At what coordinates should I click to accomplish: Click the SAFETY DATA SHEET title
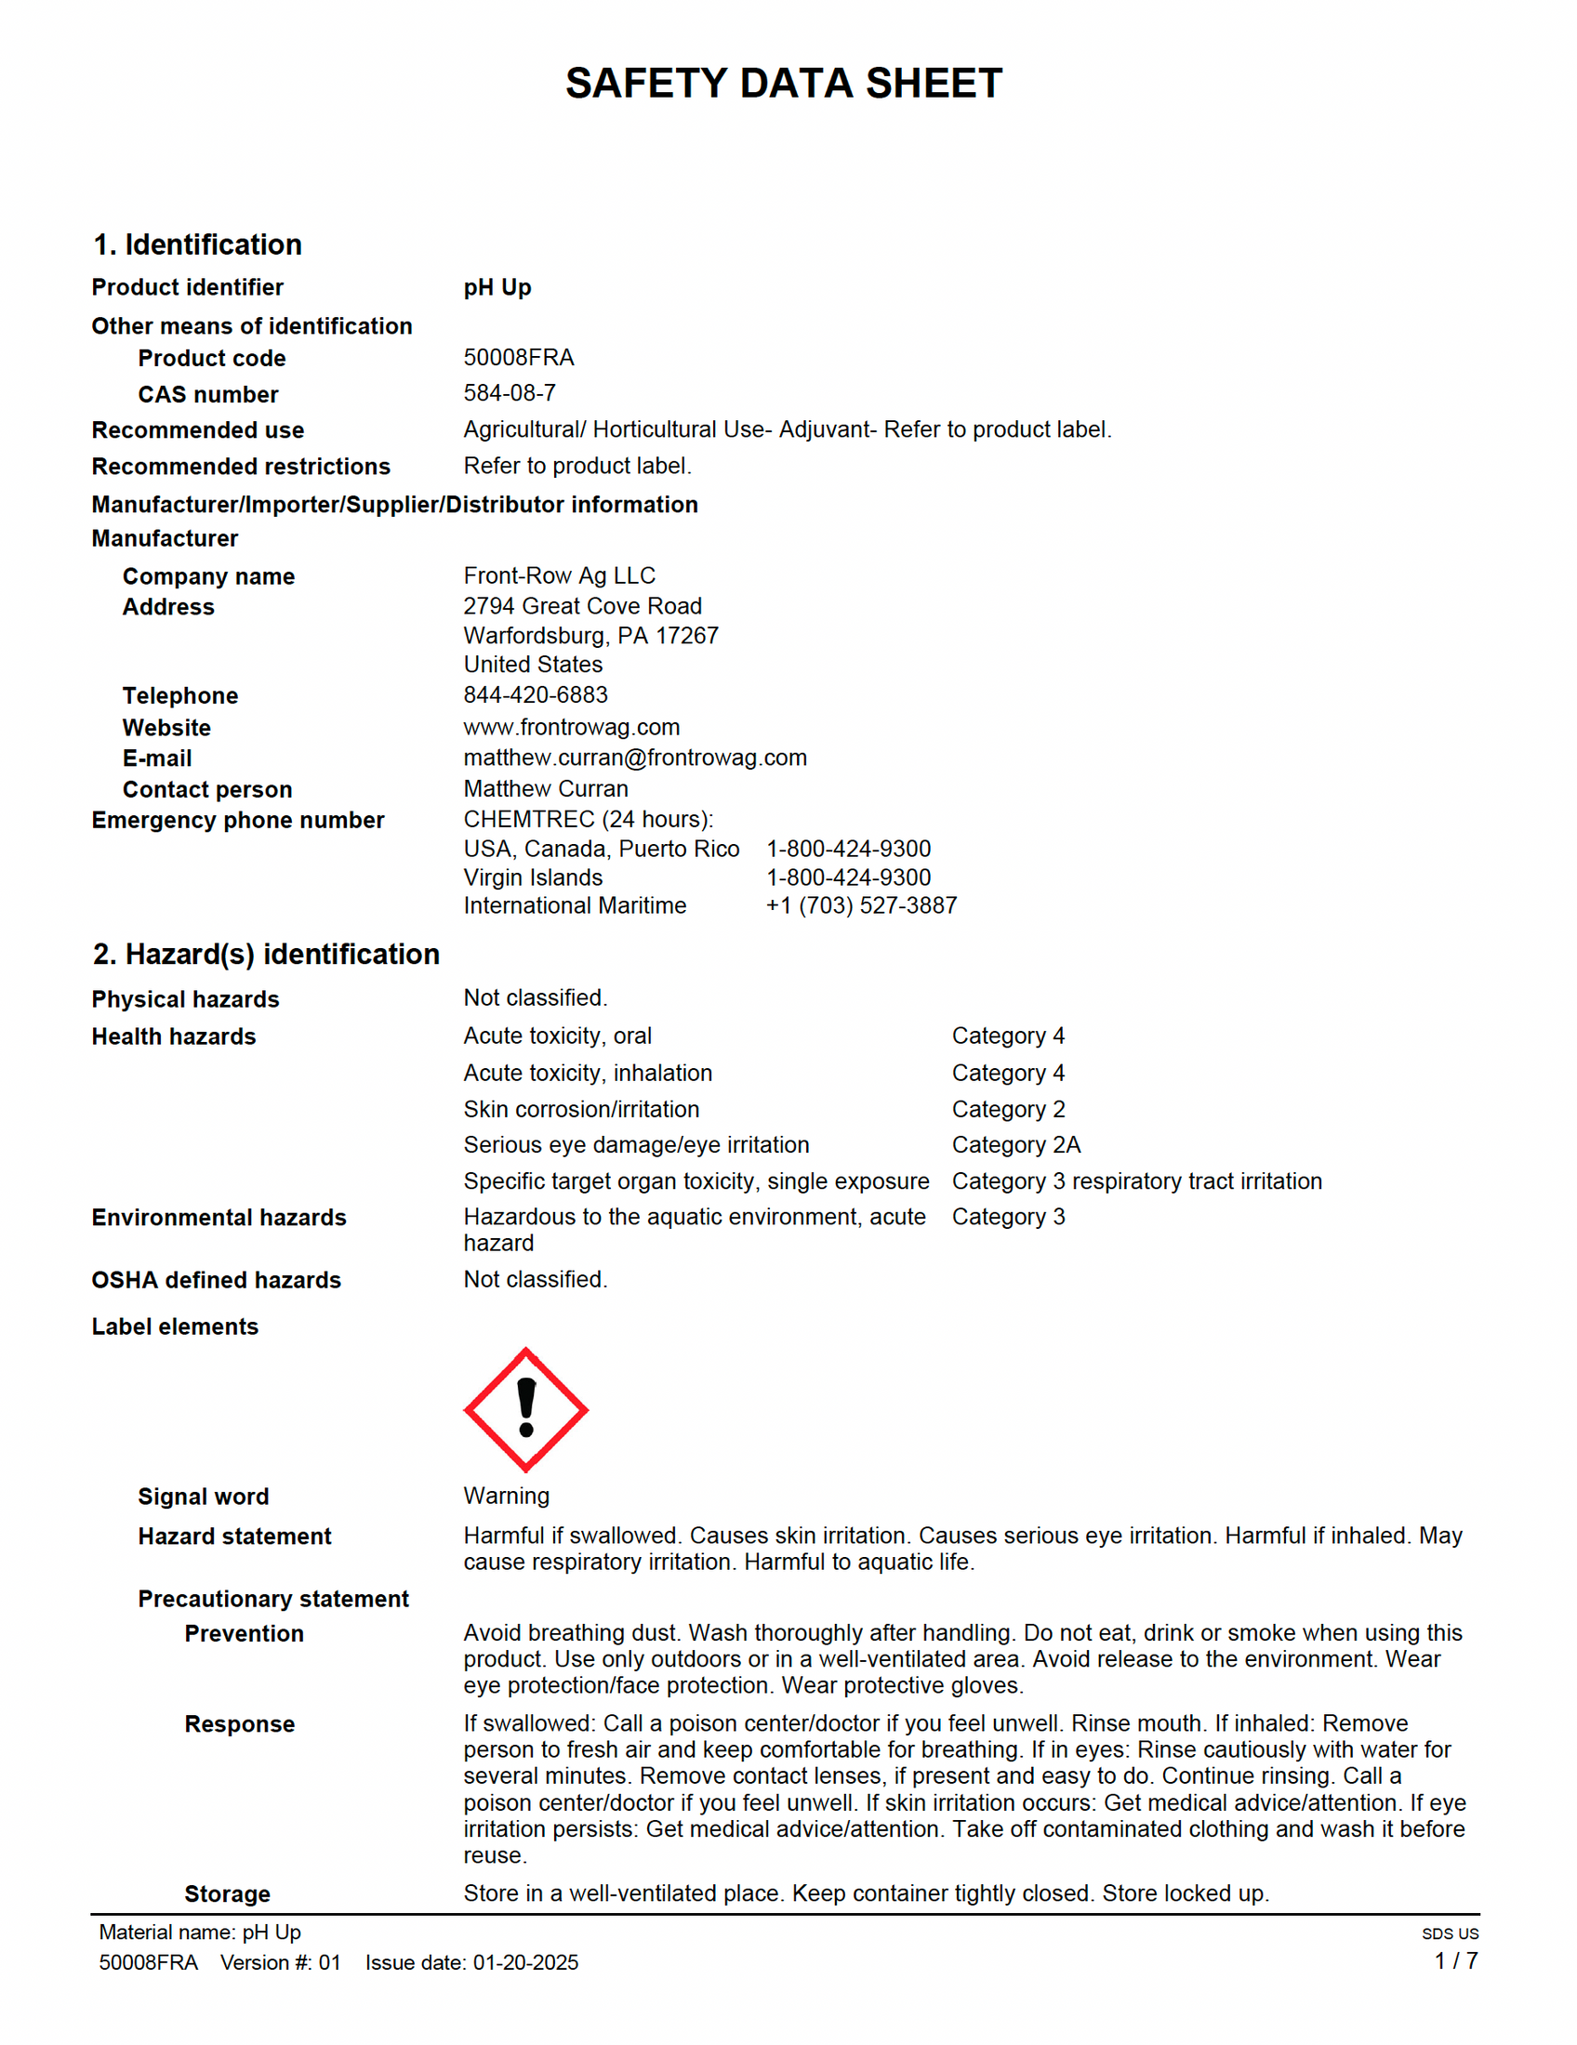(784, 84)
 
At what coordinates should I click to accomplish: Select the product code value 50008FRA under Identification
(519, 358)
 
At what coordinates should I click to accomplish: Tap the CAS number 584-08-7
(510, 393)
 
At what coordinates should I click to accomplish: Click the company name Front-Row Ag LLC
(559, 576)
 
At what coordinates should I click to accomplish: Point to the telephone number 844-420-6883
(536, 694)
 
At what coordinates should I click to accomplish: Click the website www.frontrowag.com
(571, 728)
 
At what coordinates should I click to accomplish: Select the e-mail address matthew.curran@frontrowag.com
(635, 758)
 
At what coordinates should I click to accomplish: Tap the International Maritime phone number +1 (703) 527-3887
(862, 905)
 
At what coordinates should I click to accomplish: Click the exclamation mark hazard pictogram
(526, 1409)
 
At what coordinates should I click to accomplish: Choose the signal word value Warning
(507, 1496)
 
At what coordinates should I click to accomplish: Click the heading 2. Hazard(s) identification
(266, 954)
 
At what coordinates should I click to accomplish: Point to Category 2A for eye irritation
(1016, 1145)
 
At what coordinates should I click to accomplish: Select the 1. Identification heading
(198, 244)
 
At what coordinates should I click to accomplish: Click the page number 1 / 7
(1456, 1960)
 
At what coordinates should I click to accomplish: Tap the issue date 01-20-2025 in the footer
(525, 1962)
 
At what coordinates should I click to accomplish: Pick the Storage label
(228, 1894)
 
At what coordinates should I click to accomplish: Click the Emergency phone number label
(238, 820)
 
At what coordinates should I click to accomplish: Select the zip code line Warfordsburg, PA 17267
(590, 636)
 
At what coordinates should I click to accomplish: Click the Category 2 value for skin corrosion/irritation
(1009, 1110)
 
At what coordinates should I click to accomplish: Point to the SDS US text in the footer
(1450, 1933)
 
